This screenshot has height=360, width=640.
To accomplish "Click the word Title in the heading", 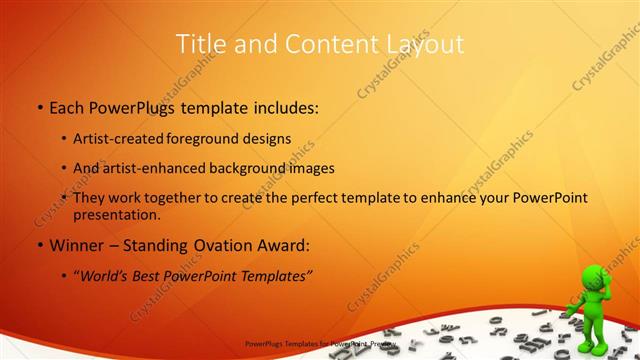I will coord(200,44).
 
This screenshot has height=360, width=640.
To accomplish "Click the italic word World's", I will coord(103,276).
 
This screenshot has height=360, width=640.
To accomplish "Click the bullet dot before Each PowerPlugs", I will coord(39,107).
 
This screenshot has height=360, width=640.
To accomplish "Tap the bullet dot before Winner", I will coord(39,245).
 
